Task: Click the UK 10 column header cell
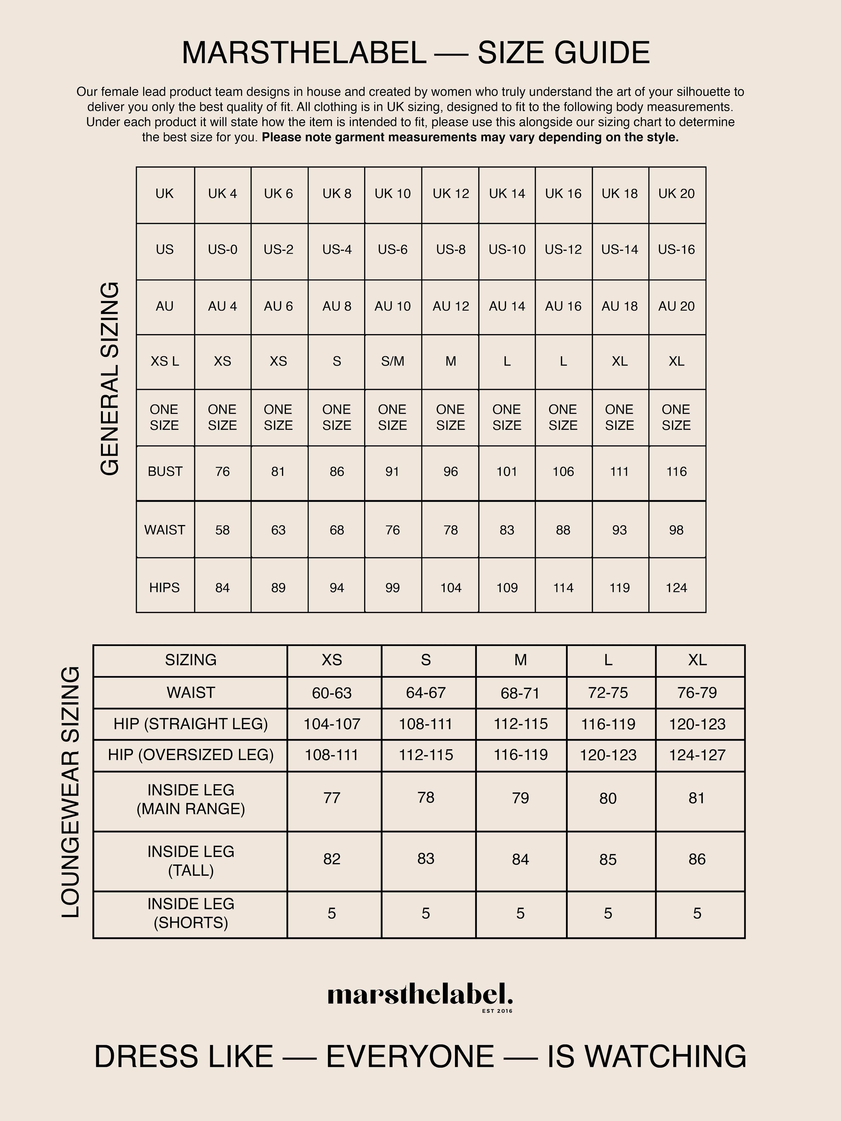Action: click(392, 194)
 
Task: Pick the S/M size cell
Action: click(392, 361)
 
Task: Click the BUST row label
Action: click(165, 472)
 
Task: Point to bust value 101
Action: click(507, 472)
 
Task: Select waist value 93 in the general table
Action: click(620, 530)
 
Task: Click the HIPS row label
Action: click(165, 588)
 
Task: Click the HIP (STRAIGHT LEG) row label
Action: click(191, 724)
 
